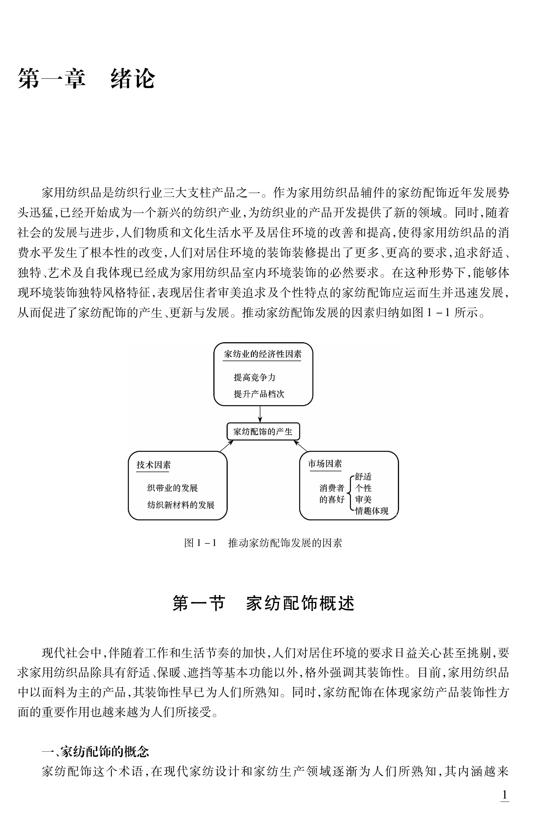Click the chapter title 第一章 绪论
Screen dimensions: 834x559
coord(86,79)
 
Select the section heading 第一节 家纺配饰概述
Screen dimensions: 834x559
coord(263,604)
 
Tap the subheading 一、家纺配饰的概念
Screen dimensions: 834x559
coord(95,752)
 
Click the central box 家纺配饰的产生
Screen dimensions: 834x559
coord(263,432)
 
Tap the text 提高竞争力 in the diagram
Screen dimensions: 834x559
coord(254,377)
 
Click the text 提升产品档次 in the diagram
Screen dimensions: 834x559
coord(259,394)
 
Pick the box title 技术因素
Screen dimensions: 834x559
coord(153,465)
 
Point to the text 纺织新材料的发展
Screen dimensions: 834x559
coord(181,505)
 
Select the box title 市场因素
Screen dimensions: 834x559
coord(325,464)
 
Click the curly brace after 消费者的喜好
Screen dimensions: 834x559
coord(349,493)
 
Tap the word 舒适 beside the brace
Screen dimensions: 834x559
coord(363,477)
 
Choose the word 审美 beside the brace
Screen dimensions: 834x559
coord(363,500)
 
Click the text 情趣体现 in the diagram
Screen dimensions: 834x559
coord(372,511)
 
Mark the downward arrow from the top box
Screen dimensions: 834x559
coord(260,414)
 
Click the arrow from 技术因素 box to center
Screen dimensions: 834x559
coord(226,446)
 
